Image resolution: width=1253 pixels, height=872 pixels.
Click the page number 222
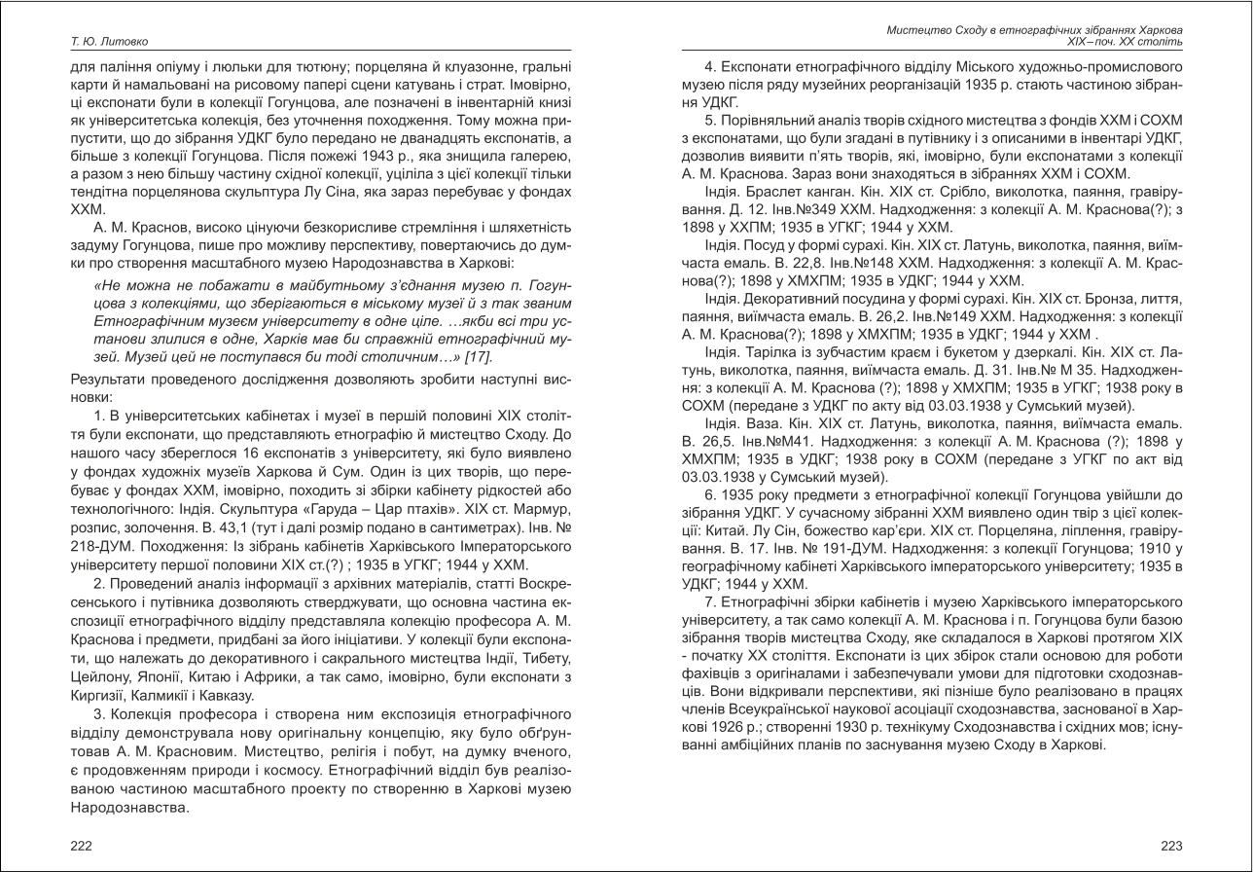click(82, 846)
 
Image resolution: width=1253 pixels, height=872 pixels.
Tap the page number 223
click(1171, 846)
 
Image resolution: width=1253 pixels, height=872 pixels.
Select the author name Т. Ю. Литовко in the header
click(109, 42)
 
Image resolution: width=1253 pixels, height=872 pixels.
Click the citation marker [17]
click(479, 357)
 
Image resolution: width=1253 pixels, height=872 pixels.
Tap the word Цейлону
click(98, 676)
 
